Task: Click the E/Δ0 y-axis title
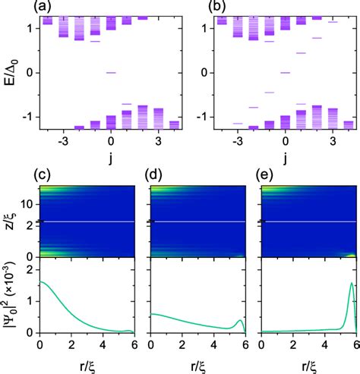9,72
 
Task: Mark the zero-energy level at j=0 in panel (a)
111,73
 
